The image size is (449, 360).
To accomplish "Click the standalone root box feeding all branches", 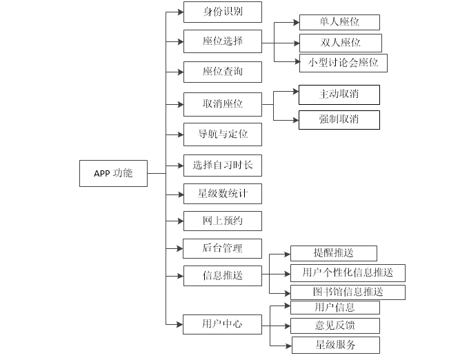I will coord(113,173).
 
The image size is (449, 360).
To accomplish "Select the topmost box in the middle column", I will coord(222,12).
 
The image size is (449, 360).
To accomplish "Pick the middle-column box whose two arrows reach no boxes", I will coord(222,104).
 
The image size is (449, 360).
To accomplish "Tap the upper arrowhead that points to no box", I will coord(295,91).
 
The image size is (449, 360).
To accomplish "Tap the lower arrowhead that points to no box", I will coord(295,120).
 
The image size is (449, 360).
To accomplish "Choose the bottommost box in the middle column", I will coord(222,324).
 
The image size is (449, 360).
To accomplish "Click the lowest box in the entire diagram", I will coord(335,345).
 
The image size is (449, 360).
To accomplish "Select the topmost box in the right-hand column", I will coord(339,22).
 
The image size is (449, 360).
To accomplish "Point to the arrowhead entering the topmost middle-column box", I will coord(180,12).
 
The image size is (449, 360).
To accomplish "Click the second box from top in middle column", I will coord(222,41).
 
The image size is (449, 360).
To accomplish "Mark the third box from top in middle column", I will coord(222,72).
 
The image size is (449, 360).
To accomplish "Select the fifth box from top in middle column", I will coord(222,134).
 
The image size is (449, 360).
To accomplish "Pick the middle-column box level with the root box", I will coord(222,166).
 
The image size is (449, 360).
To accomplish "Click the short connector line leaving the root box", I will coord(157,173).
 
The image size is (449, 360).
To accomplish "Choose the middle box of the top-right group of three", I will coord(340,43).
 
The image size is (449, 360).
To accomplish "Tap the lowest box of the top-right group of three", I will coord(343,63).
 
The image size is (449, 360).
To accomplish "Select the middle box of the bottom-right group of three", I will coord(335,326).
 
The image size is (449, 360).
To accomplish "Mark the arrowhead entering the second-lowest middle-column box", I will coord(180,276).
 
